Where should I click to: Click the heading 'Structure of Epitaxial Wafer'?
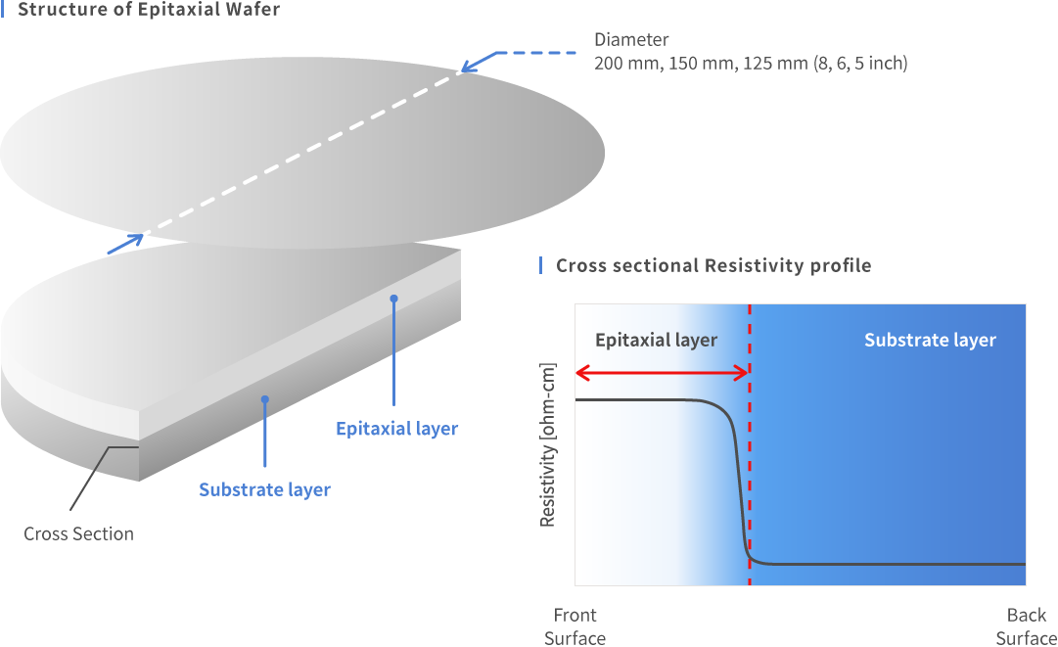click(149, 9)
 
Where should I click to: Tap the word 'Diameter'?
click(631, 40)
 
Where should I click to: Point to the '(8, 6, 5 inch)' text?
click(860, 64)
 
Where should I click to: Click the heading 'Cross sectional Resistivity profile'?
click(713, 265)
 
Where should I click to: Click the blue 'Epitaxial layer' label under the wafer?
click(396, 429)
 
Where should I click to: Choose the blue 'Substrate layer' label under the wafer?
click(264, 489)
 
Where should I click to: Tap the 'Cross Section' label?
click(79, 533)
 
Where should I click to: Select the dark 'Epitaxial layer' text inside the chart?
click(656, 340)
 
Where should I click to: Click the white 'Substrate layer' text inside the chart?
click(930, 340)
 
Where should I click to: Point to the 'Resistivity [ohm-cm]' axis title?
click(547, 444)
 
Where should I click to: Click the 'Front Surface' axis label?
click(575, 626)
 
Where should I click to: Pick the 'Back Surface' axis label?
click(1027, 626)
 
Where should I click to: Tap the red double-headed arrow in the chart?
click(662, 372)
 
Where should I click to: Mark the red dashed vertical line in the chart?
click(750, 444)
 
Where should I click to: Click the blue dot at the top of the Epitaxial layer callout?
click(394, 299)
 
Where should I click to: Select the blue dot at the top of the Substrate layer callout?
click(265, 399)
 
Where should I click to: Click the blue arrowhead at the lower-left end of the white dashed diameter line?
click(134, 238)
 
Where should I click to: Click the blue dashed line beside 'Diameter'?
click(536, 53)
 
